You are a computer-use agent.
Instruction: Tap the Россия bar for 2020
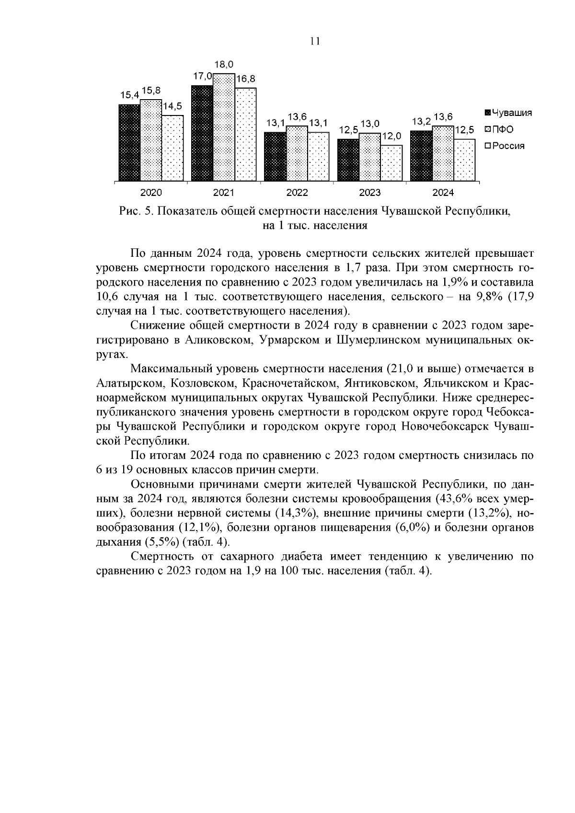point(172,148)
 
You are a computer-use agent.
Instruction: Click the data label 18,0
point(224,64)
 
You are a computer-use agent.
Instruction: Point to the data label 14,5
point(173,107)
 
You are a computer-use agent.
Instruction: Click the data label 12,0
point(392,137)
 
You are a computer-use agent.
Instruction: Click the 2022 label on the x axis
point(297,193)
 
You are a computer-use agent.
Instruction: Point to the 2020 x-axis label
point(151,193)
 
